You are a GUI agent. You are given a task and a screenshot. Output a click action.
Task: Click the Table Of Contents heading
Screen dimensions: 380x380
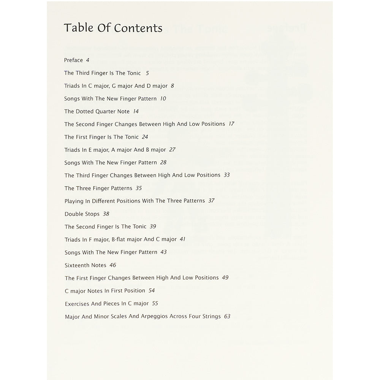click(113, 28)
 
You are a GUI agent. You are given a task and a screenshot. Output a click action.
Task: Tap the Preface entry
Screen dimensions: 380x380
click(73, 60)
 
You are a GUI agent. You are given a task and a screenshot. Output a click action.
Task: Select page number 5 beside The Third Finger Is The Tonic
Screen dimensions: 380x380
click(147, 73)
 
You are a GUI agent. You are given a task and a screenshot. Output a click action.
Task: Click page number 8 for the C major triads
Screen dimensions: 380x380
click(172, 86)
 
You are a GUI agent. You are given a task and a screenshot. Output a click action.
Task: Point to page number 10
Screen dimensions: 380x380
click(163, 99)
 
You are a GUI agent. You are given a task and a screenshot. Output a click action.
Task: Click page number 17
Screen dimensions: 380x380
click(231, 124)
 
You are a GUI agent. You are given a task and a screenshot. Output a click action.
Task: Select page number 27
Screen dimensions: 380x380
click(173, 150)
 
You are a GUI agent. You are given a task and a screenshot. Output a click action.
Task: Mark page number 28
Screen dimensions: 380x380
click(163, 163)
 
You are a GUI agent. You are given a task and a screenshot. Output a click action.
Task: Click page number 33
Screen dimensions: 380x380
click(226, 175)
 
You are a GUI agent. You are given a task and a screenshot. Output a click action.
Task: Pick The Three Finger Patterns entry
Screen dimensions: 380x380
click(98, 188)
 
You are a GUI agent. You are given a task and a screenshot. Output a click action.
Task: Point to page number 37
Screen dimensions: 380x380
click(211, 201)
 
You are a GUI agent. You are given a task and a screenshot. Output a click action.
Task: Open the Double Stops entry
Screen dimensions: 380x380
click(82, 214)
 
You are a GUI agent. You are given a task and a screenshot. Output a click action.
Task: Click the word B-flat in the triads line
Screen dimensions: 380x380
click(120, 239)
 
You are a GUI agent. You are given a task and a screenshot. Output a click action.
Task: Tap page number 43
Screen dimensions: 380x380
click(163, 252)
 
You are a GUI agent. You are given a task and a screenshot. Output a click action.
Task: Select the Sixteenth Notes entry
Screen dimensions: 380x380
click(85, 265)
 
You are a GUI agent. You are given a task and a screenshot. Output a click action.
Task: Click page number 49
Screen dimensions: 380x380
click(225, 278)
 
